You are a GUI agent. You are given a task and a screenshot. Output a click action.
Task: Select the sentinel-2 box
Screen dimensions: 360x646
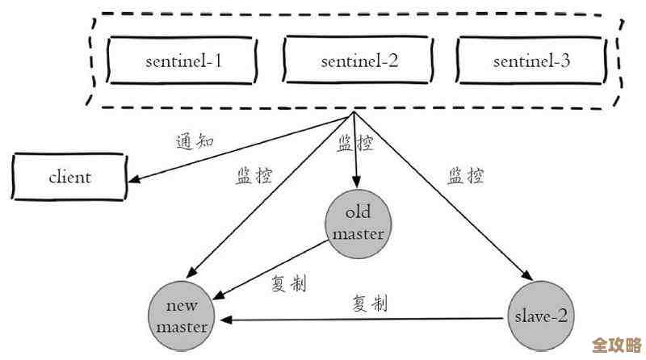click(359, 61)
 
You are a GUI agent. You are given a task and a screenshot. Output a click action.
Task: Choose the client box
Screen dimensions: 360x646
click(69, 177)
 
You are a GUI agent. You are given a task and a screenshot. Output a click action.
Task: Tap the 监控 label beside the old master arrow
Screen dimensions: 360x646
click(354, 144)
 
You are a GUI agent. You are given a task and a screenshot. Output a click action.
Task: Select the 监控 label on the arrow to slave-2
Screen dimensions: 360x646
click(466, 175)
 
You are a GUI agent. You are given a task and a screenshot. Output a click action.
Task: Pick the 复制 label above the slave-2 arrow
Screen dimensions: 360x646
click(369, 303)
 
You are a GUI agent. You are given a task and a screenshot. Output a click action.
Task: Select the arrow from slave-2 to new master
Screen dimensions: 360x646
click(363, 318)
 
